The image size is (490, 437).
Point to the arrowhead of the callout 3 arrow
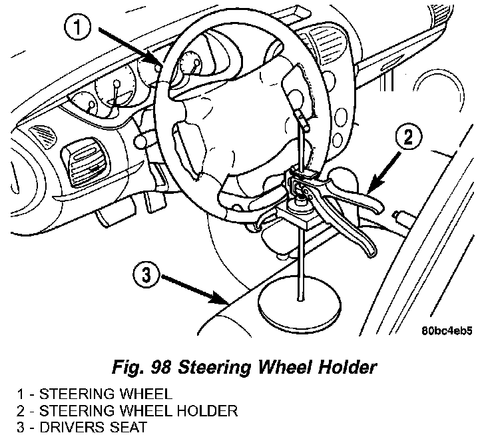pos(226,301)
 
